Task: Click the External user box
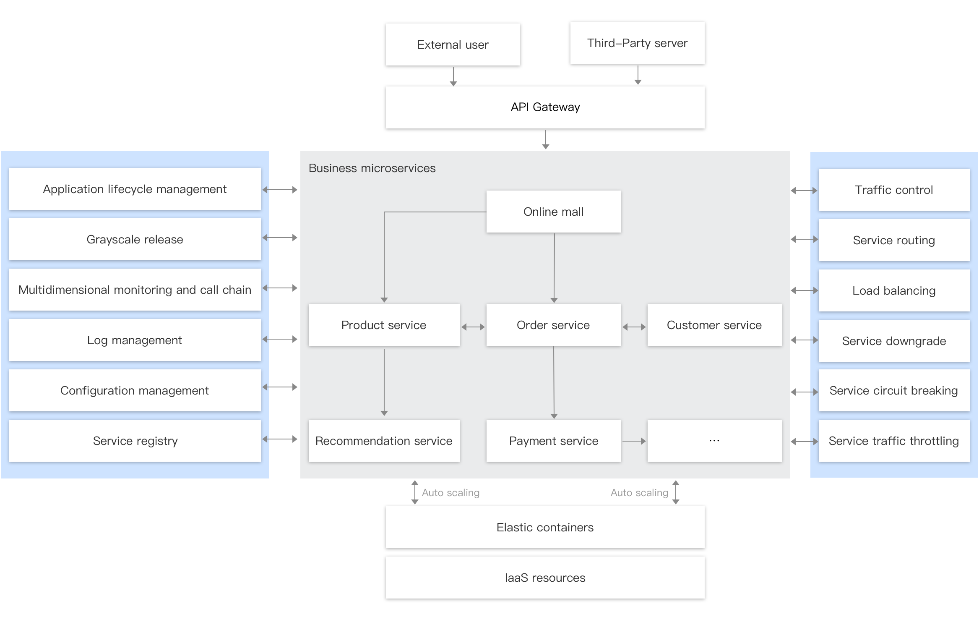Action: click(453, 44)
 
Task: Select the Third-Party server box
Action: click(637, 43)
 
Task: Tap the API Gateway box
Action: click(545, 107)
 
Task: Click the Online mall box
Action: click(553, 212)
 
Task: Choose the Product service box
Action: click(384, 325)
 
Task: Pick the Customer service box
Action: click(714, 325)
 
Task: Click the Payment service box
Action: click(553, 441)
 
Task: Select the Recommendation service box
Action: click(384, 441)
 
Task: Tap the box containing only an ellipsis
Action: click(714, 441)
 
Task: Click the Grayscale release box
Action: click(135, 239)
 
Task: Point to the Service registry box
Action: click(135, 441)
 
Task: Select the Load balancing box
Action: click(894, 290)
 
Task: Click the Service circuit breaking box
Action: click(894, 390)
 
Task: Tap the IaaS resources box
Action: click(545, 578)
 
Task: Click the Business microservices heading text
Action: click(372, 168)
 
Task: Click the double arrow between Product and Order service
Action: click(473, 327)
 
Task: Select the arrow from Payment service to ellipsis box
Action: click(634, 441)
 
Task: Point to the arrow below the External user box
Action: click(453, 76)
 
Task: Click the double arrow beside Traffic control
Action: click(804, 191)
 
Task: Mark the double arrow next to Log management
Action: click(280, 339)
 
